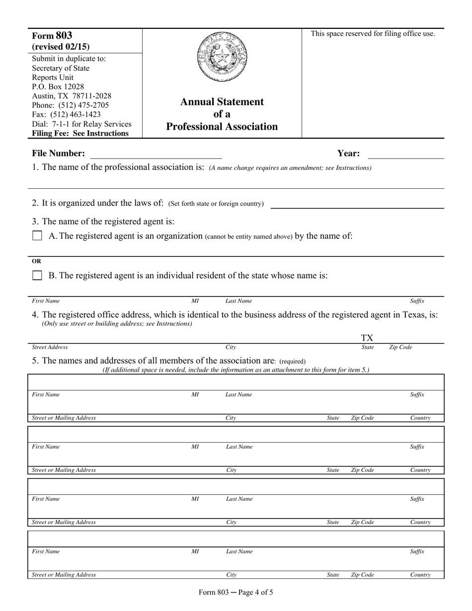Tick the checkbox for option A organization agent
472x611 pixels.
point(37,236)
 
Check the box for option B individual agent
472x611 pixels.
point(37,276)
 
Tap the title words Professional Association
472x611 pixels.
point(222,127)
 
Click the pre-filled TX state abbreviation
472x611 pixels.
point(367,338)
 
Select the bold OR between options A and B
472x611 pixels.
point(37,261)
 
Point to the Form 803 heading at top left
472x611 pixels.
point(52,36)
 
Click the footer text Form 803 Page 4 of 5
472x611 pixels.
point(236,592)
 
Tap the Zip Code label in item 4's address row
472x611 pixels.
point(400,347)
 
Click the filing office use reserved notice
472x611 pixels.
point(373,34)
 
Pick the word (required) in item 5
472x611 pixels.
point(292,361)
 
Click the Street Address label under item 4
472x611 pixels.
point(50,347)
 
